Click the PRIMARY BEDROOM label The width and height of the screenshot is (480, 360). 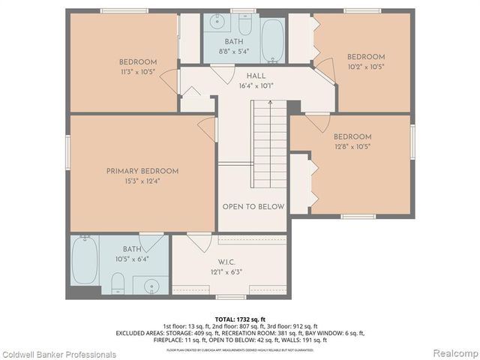[142, 171]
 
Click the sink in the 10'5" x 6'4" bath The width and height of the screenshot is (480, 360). [152, 285]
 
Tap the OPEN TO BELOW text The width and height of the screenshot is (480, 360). [252, 206]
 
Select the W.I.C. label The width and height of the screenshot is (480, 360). [228, 262]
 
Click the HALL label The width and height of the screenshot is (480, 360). [256, 76]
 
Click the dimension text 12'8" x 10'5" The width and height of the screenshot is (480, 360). [352, 146]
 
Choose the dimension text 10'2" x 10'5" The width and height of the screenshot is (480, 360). [365, 66]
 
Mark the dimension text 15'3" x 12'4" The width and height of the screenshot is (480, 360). [142, 181]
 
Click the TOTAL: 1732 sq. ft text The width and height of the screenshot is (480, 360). [240, 319]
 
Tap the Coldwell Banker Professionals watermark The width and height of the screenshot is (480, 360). [58, 354]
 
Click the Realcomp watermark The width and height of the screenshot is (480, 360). [452, 354]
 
